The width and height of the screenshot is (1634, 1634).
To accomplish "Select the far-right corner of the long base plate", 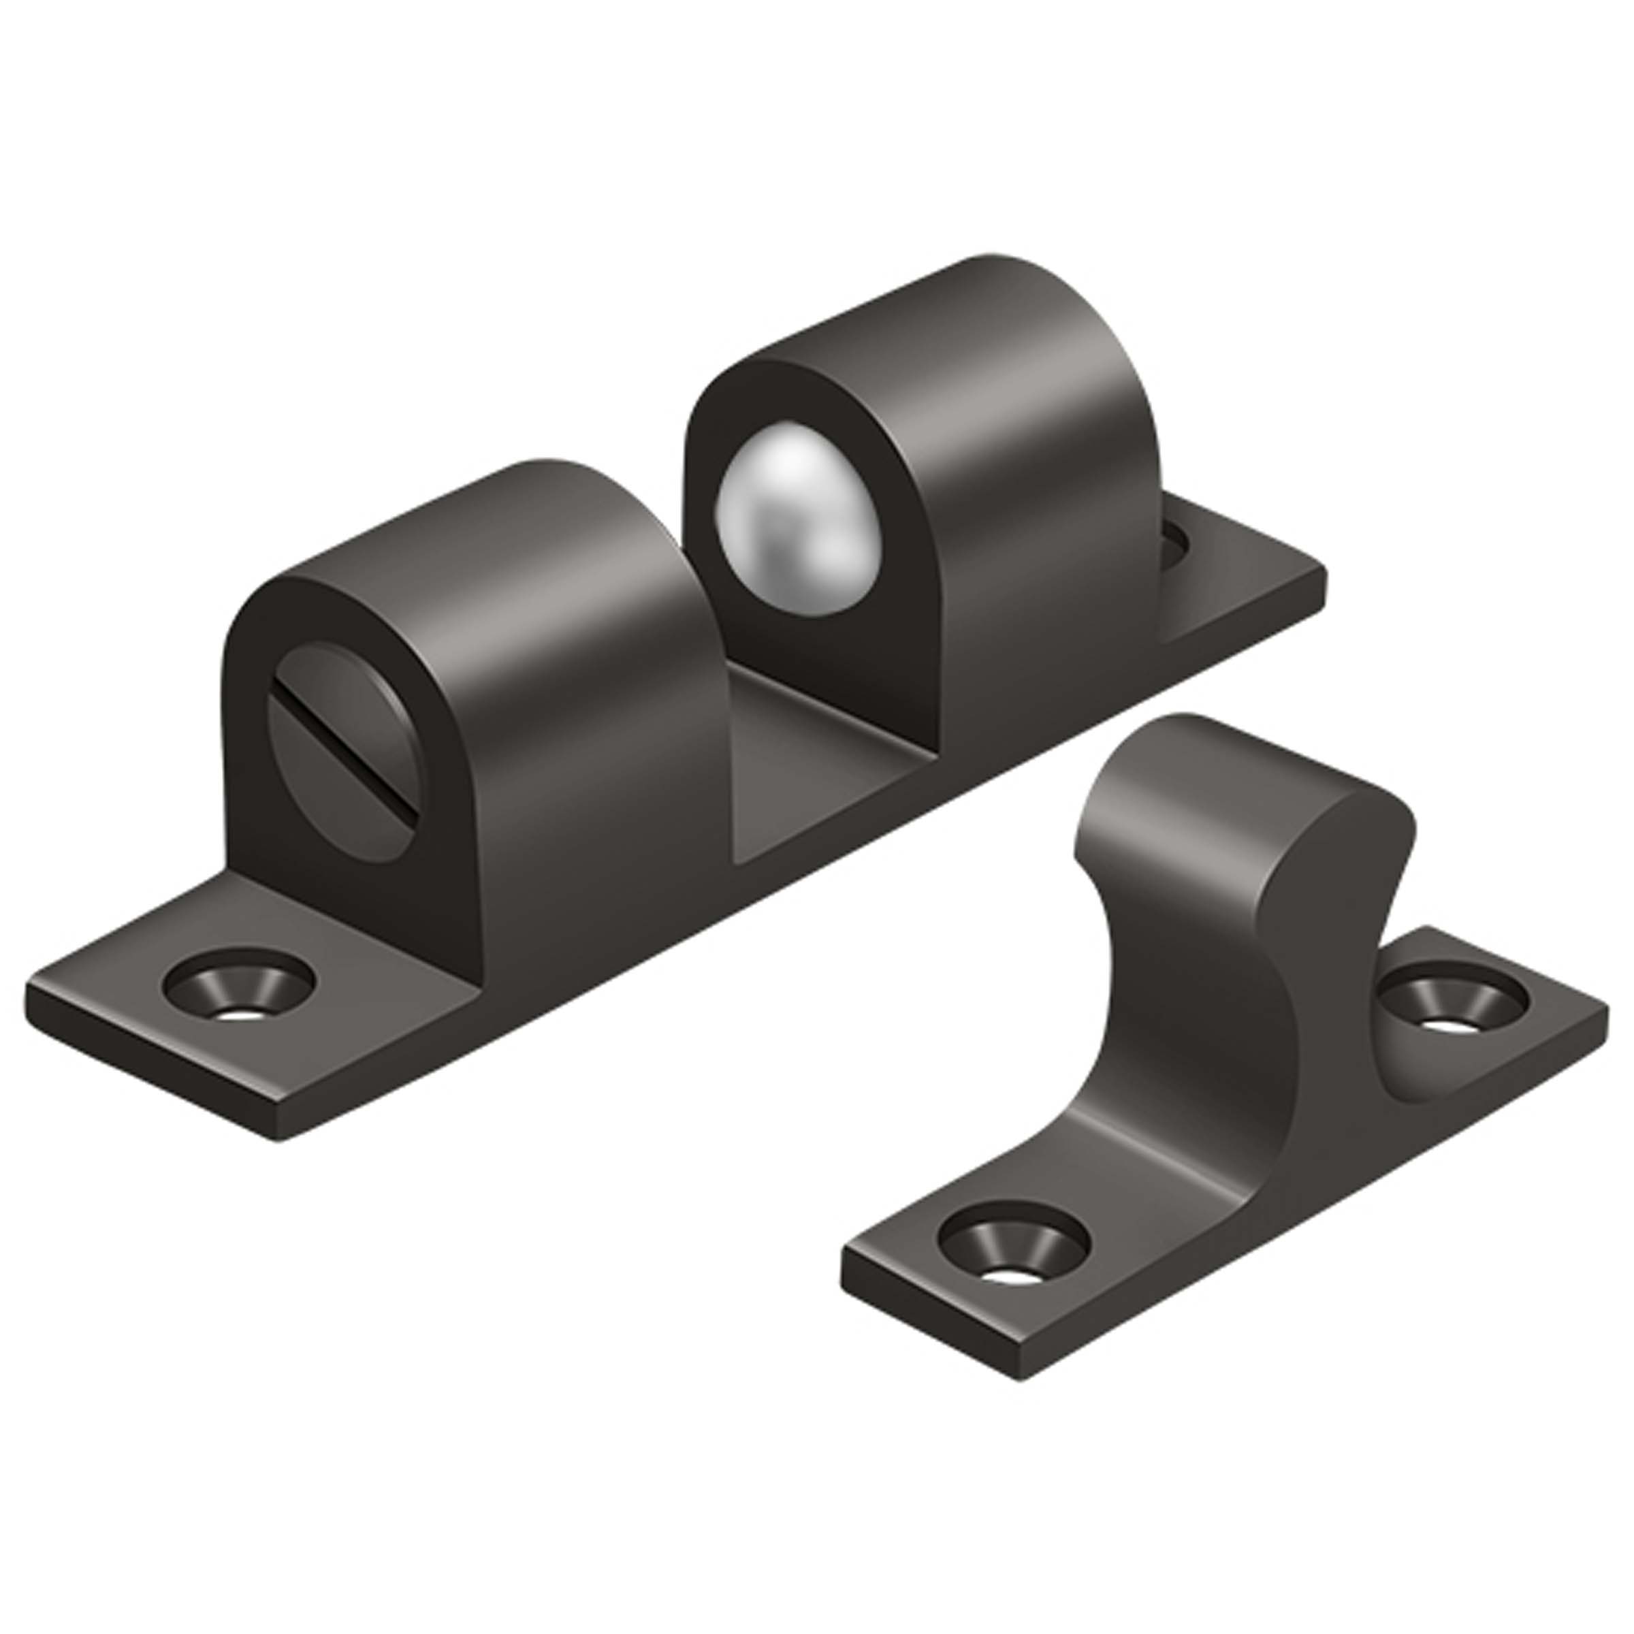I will (x=1324, y=575).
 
